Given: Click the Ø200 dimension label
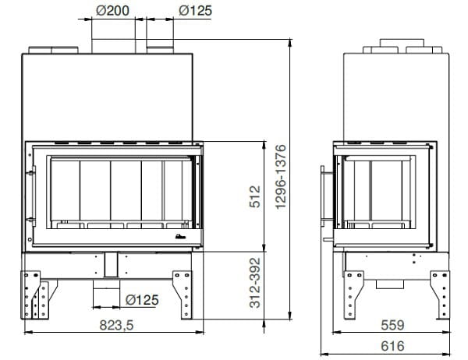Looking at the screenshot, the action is (x=112, y=11).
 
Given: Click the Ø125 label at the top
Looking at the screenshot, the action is (x=195, y=11).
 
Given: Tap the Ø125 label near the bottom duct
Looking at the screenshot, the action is (x=142, y=300).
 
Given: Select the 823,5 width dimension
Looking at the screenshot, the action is (x=116, y=325).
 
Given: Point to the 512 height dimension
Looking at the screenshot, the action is (x=255, y=196).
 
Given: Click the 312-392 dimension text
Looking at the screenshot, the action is (x=255, y=283).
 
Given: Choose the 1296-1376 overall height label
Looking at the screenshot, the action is (x=281, y=177).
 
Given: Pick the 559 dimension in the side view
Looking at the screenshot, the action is (x=392, y=325).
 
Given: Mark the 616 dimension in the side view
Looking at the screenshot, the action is (x=392, y=346).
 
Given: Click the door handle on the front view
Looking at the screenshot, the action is (x=33, y=196).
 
